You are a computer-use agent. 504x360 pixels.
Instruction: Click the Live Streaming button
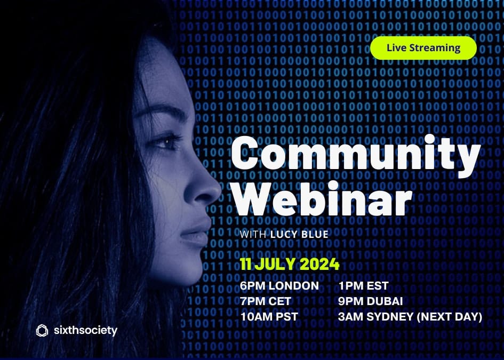423,48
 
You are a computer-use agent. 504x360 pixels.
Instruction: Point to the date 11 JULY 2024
290,264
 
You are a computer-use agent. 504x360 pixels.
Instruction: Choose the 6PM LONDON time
279,286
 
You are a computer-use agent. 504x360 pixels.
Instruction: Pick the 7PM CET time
266,301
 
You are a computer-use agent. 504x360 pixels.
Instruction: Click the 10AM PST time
269,317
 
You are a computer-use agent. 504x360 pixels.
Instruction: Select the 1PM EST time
363,286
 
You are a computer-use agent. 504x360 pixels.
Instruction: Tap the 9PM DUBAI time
370,301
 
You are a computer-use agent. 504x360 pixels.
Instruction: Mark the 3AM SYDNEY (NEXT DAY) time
410,317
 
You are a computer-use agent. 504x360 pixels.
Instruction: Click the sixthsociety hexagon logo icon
42,331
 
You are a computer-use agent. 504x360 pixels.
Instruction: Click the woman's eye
170,142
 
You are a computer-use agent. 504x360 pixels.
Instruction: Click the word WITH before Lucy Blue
253,235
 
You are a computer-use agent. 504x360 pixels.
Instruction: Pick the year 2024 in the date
319,264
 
